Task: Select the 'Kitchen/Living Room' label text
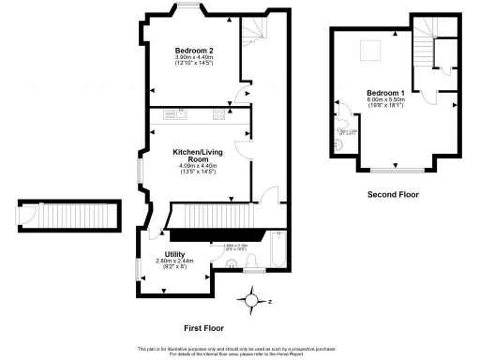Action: coord(197,155)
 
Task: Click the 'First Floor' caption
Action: coord(202,329)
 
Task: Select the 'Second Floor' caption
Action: coord(392,195)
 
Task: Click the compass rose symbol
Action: coord(252,302)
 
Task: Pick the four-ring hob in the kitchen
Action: coord(219,115)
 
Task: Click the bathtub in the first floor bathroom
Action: coord(277,250)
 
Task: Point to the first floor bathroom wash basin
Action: coord(251,269)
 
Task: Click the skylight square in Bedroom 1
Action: coord(371,50)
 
